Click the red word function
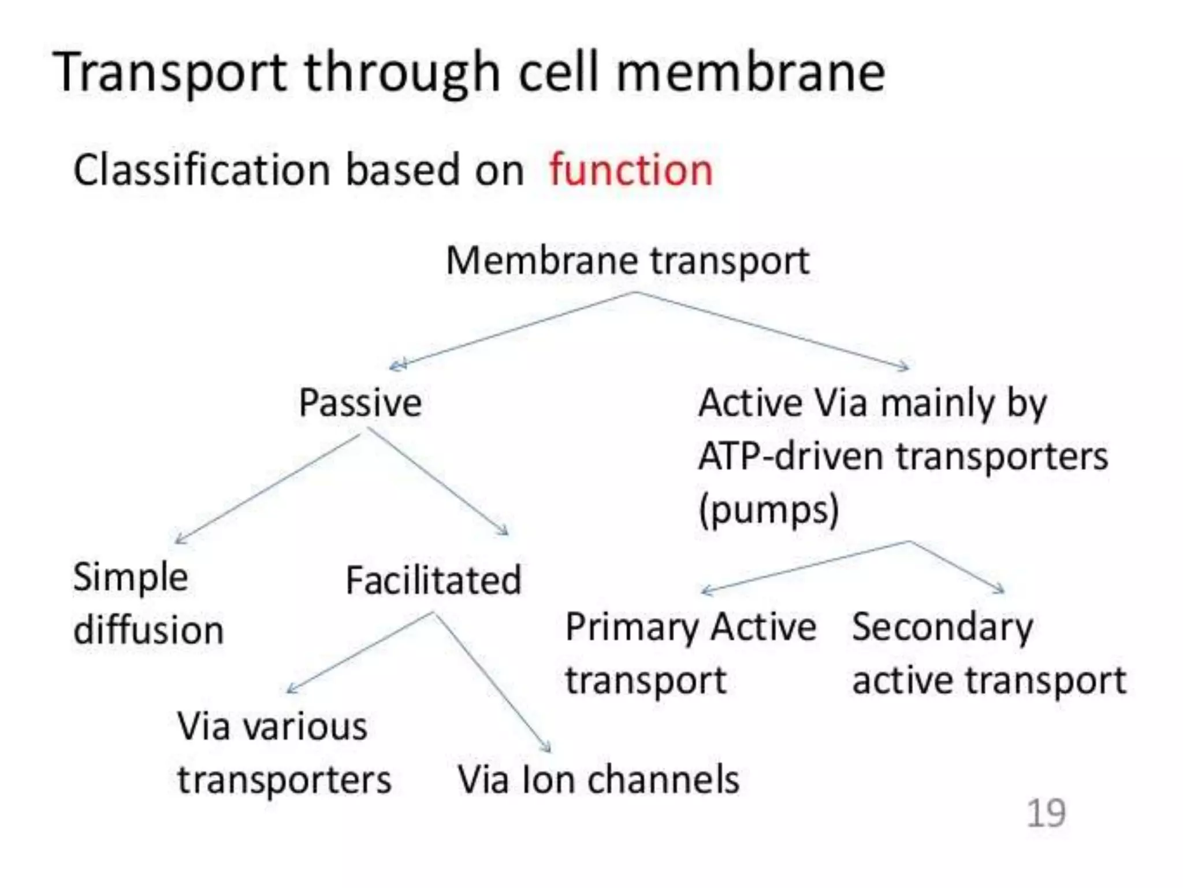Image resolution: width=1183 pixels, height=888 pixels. coord(631,171)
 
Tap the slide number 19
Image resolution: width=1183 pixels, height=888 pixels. coord(1046,813)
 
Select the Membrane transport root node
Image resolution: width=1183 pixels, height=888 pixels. coord(627,261)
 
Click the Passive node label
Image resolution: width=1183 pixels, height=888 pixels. coord(360,402)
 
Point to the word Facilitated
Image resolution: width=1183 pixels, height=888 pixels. coord(433,580)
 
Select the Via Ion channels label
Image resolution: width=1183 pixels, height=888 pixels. coord(598,780)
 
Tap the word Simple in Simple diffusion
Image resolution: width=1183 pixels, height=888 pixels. coord(131,577)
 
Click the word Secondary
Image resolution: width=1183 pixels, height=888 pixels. coord(942,628)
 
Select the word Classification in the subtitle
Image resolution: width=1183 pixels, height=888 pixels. coord(202,171)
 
